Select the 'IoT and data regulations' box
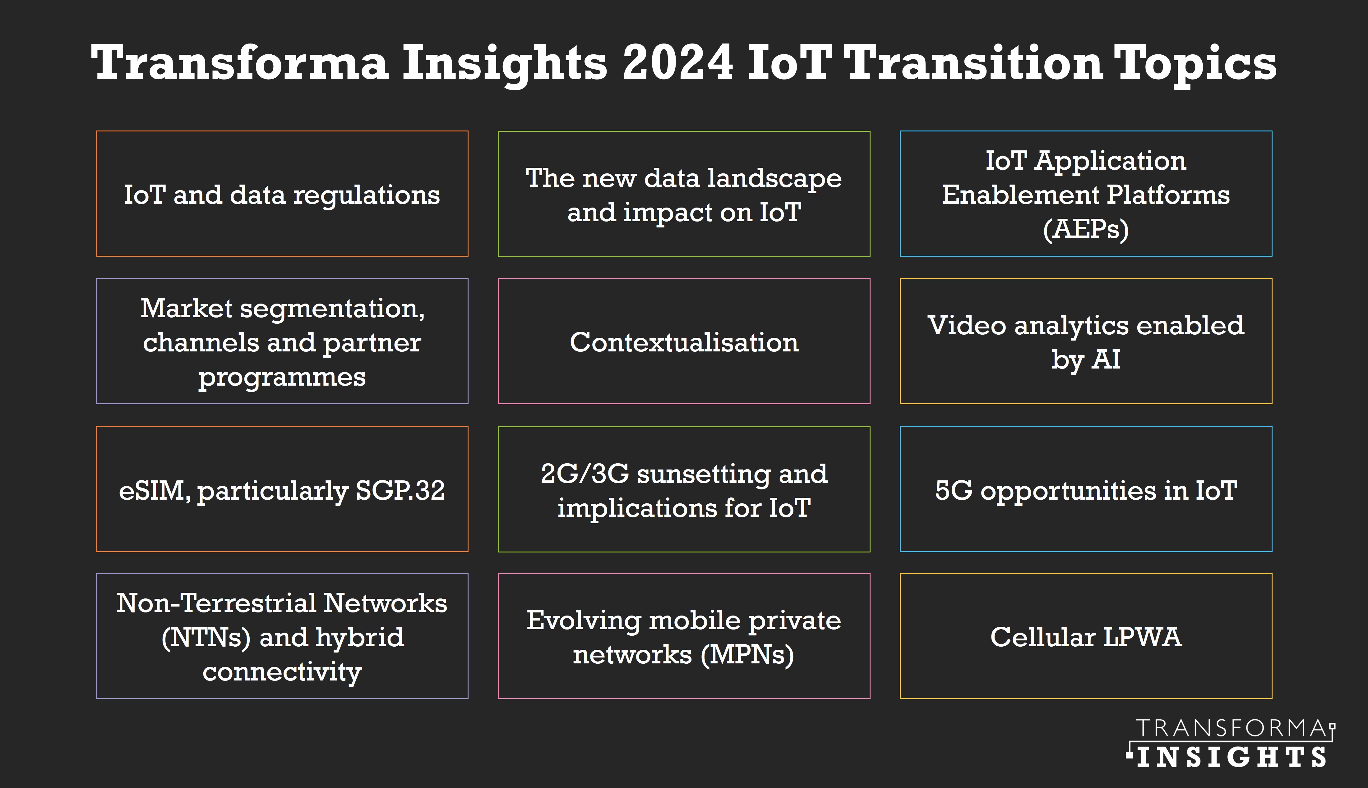[282, 194]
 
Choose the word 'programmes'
[282, 377]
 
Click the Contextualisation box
[684, 341]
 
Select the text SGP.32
[400, 490]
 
